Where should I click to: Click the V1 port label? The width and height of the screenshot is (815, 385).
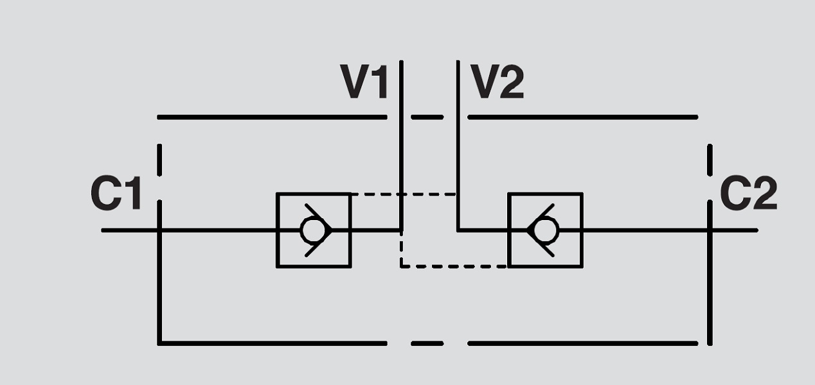tap(364, 82)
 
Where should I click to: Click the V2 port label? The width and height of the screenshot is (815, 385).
tap(497, 82)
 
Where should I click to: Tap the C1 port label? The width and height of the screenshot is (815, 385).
tap(116, 194)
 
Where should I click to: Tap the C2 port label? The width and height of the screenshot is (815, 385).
tap(748, 194)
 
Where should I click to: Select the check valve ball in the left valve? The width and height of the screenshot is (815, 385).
tap(313, 230)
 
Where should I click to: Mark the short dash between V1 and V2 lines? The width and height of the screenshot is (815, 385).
tap(427, 117)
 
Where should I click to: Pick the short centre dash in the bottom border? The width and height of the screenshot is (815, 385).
tap(427, 343)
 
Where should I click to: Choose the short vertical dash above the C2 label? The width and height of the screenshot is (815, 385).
tap(710, 160)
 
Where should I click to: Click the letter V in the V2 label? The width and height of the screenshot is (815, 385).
tap(484, 82)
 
